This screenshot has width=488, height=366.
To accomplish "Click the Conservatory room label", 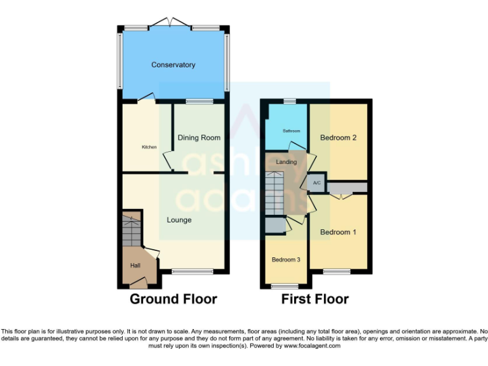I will (x=173, y=65).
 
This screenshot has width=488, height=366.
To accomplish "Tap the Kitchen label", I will (x=149, y=147).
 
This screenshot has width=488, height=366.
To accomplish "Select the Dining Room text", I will (x=199, y=137).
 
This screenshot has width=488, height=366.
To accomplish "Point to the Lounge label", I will (x=179, y=220).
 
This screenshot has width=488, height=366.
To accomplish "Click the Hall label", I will (x=135, y=266).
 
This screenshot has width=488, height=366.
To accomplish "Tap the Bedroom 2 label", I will (x=337, y=137).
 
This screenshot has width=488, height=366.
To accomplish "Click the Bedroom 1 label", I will (x=337, y=232).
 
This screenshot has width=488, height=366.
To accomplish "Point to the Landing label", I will (x=287, y=162).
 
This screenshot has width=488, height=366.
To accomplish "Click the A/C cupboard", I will (x=316, y=183).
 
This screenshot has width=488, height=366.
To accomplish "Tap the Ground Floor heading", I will (x=173, y=299).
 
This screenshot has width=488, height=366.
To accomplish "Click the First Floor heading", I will (x=315, y=299).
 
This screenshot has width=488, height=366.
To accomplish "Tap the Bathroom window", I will (x=290, y=101).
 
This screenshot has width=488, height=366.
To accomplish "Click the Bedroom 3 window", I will (x=284, y=287).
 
